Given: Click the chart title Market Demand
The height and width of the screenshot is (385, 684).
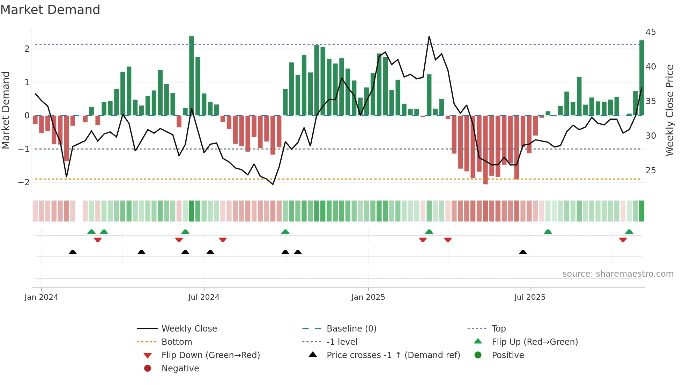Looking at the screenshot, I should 50,10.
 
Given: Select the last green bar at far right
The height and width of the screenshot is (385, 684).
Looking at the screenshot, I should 641,78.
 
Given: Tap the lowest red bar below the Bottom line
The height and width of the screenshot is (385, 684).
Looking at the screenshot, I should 485,150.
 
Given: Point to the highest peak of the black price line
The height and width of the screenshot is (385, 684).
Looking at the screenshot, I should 429,37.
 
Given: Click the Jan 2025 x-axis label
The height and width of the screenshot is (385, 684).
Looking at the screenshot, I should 368,297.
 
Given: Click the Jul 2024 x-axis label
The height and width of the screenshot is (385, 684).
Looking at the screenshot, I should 204,297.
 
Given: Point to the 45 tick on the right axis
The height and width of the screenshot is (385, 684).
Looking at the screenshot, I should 651,32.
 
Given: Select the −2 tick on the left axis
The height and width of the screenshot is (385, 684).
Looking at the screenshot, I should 24,182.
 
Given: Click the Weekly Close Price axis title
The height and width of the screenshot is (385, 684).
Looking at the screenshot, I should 669,110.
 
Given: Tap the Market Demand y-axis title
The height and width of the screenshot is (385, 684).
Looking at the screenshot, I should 6,110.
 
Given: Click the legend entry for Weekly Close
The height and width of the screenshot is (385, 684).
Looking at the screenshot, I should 189,329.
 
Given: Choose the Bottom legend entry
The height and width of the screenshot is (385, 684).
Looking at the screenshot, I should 177,342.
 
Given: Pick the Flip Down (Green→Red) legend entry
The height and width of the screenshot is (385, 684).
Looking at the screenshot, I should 210,355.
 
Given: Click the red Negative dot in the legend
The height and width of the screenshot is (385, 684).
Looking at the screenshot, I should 148,369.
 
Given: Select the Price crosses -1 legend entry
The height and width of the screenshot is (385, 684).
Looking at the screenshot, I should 393,355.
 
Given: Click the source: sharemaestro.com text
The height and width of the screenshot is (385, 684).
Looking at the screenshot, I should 618,274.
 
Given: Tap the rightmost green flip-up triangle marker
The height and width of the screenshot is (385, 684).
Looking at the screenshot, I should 629,232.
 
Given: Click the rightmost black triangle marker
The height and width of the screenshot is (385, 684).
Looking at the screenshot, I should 523,252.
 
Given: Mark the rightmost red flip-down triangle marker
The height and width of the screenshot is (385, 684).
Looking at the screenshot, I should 623,240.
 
